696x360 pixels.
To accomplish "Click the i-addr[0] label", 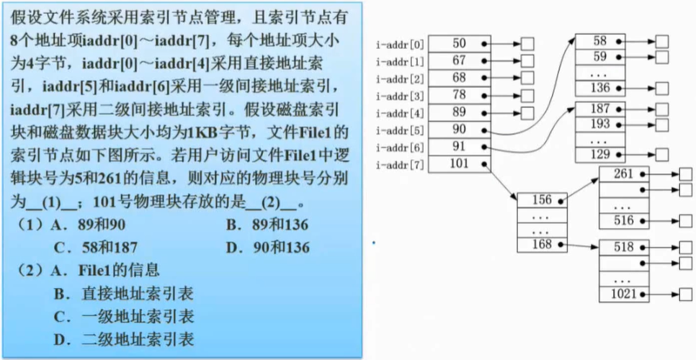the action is pyautogui.click(x=400, y=45).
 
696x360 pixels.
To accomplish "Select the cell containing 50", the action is pyautogui.click(x=459, y=44).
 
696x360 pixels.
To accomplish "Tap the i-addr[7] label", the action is pyautogui.click(x=400, y=165).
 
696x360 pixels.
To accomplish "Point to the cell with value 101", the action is pyautogui.click(x=459, y=164).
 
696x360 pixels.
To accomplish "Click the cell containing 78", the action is pyautogui.click(x=459, y=96).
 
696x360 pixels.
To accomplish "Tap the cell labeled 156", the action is pyautogui.click(x=542, y=199).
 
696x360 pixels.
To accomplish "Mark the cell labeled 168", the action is pyautogui.click(x=542, y=245).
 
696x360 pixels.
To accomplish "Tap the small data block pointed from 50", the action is pyautogui.click(x=527, y=45).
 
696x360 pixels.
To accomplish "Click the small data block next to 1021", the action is pyautogui.click(x=686, y=294).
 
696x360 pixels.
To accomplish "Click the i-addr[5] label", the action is pyautogui.click(x=400, y=130).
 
